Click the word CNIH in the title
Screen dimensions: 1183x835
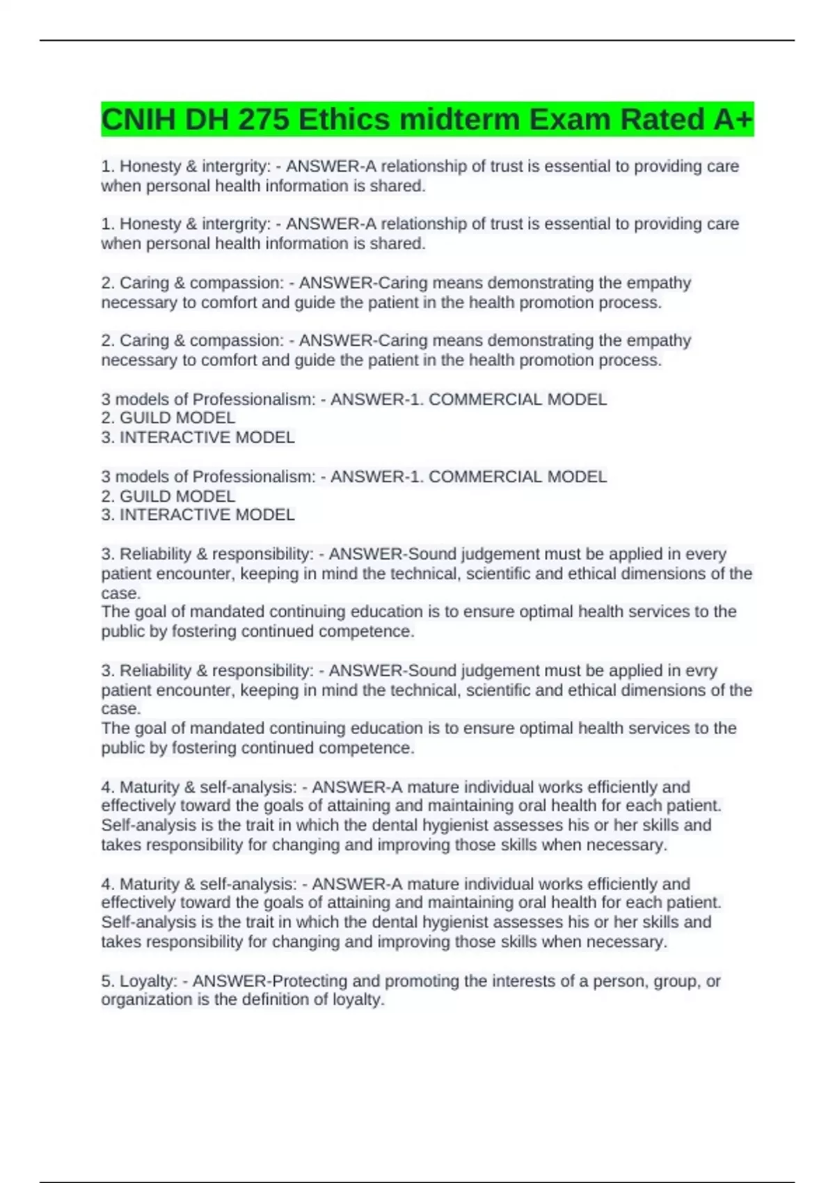click(x=138, y=120)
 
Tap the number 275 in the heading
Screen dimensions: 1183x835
click(x=264, y=120)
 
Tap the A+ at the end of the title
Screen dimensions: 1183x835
click(x=733, y=120)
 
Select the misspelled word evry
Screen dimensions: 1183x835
click(x=701, y=671)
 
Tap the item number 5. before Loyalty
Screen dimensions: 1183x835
click(x=108, y=981)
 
